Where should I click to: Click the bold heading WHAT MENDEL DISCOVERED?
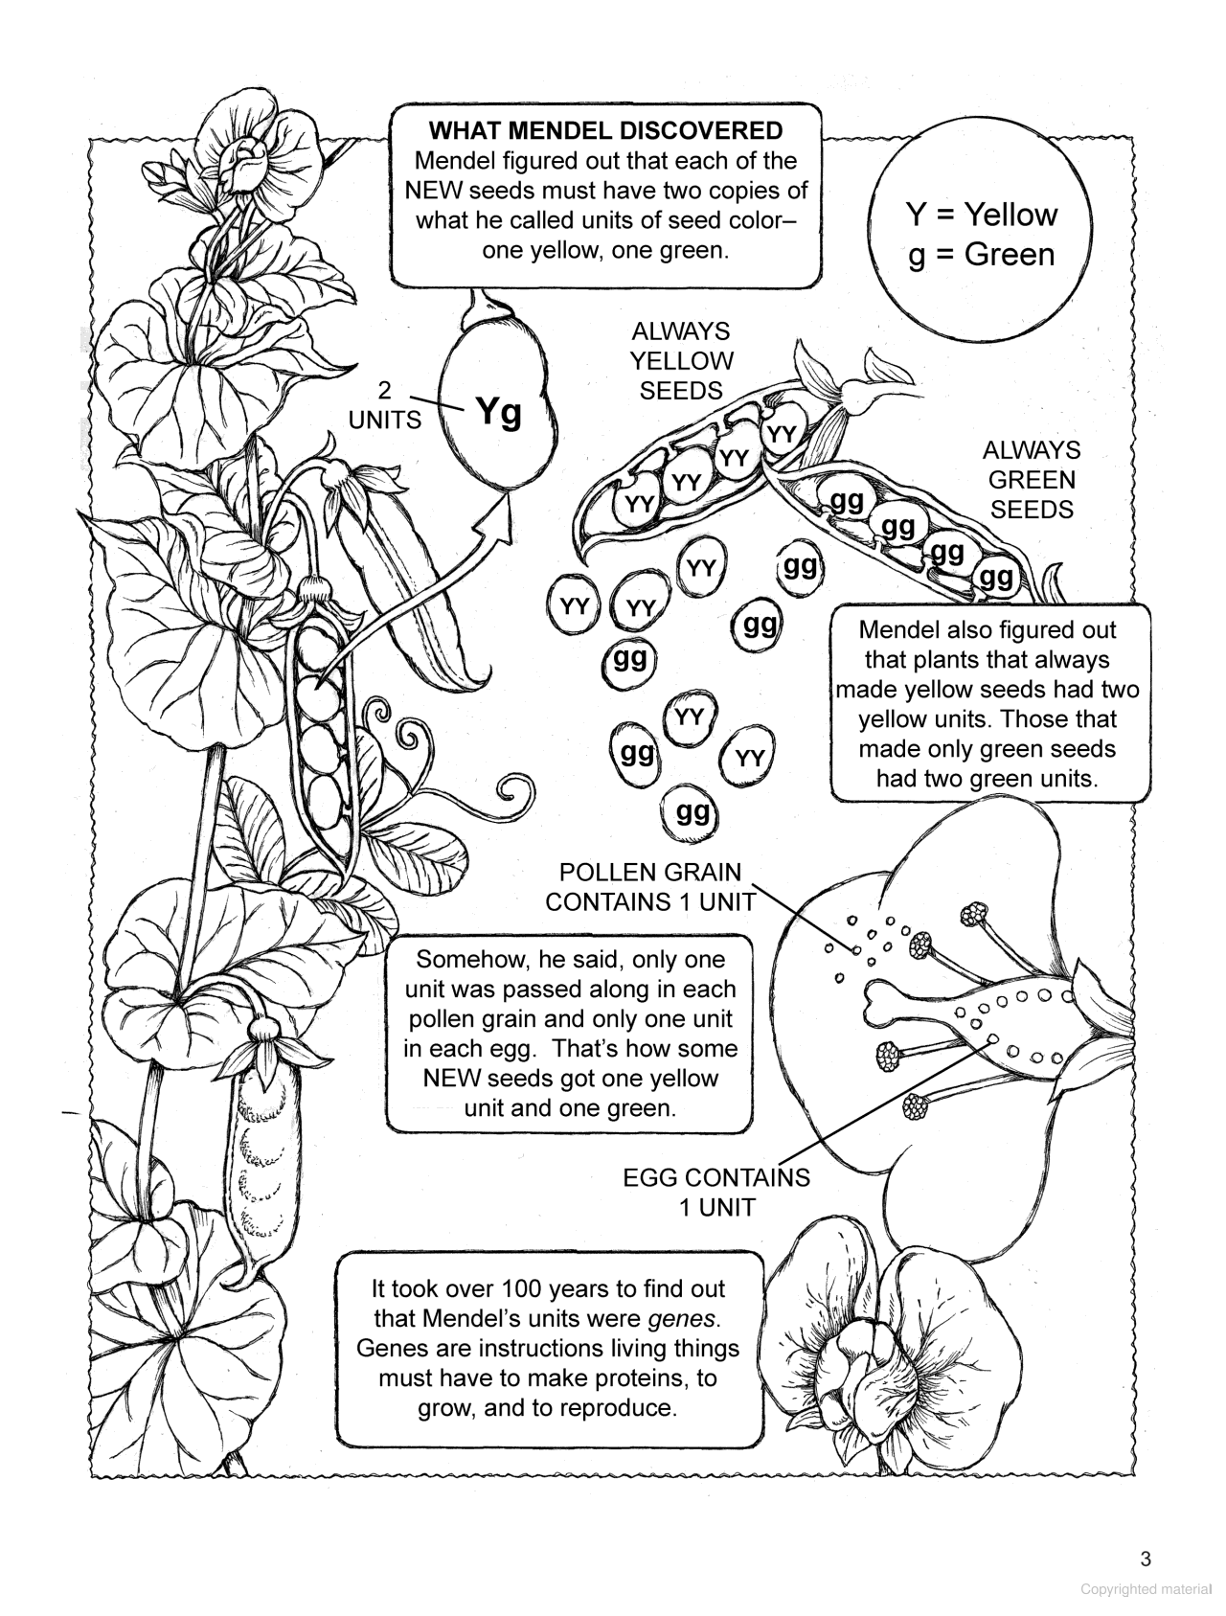tap(605, 130)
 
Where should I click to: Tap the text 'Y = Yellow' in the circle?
tap(981, 214)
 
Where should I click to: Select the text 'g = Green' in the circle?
tap(981, 255)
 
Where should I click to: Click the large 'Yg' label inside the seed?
tap(499, 412)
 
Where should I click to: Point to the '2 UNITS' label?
tap(384, 405)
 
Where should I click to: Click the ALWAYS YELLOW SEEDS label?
tap(680, 361)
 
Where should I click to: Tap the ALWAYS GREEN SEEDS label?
tap(1032, 480)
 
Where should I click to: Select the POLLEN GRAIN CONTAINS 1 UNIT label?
tap(649, 887)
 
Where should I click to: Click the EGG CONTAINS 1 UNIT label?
tap(716, 1192)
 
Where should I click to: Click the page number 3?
tap(1146, 1559)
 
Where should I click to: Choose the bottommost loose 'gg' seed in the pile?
tap(692, 813)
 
